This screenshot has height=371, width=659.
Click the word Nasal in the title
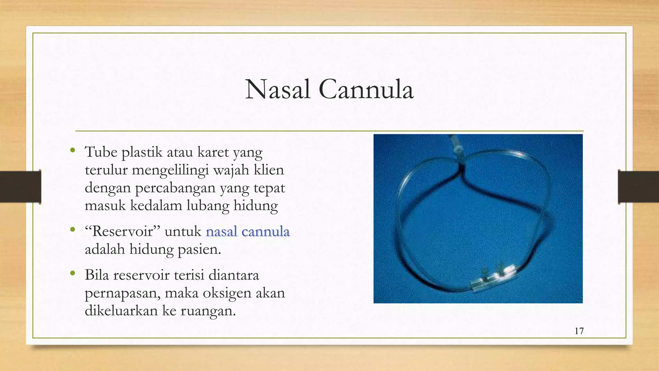click(x=278, y=90)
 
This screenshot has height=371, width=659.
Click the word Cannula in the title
click(x=366, y=90)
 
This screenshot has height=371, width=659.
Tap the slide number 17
click(x=579, y=331)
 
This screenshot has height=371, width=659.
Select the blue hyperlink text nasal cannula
click(x=248, y=232)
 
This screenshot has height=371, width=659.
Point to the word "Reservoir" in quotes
click(x=123, y=232)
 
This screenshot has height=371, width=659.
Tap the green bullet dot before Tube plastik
click(x=73, y=150)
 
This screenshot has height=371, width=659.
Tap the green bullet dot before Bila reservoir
click(x=73, y=274)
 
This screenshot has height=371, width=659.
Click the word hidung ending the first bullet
click(x=255, y=205)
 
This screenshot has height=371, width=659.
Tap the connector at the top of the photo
click(x=456, y=145)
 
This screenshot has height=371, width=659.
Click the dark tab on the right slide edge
click(x=638, y=187)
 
